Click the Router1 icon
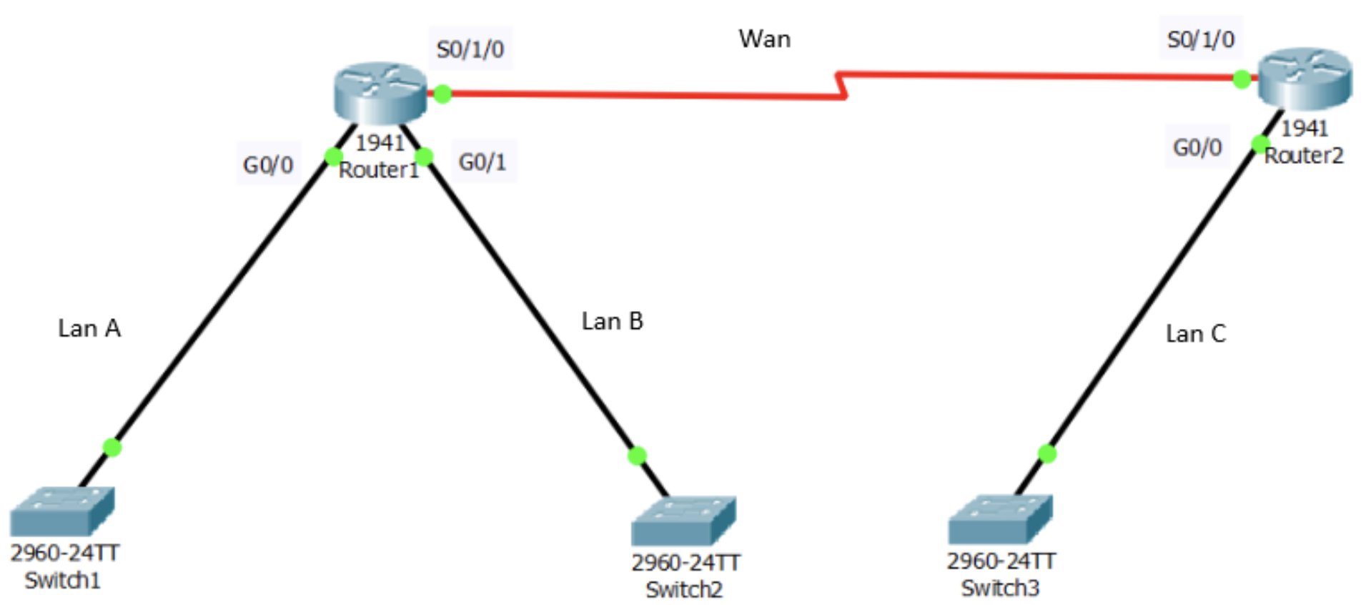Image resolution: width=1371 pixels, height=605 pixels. (x=380, y=92)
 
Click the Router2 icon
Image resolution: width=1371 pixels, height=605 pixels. (x=1304, y=77)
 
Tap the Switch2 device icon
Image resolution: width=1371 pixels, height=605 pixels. (x=683, y=520)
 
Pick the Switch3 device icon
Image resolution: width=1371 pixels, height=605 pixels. (x=1000, y=518)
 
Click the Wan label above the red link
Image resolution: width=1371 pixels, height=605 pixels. (x=764, y=39)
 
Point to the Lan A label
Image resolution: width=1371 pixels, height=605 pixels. (x=89, y=328)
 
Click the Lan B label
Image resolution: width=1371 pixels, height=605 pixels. (x=612, y=321)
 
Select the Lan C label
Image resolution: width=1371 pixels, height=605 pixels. (x=1195, y=333)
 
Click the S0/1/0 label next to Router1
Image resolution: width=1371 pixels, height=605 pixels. (x=470, y=49)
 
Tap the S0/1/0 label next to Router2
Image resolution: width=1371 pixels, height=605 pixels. (x=1200, y=39)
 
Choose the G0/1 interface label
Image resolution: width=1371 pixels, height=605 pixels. (x=482, y=162)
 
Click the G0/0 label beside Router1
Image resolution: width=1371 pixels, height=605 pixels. (x=268, y=164)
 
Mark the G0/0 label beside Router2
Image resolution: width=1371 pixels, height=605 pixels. (x=1197, y=147)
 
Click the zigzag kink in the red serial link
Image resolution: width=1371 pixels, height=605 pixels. (x=841, y=84)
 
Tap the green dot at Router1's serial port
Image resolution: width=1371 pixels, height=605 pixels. (x=442, y=94)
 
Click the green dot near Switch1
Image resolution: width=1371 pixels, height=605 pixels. (x=112, y=447)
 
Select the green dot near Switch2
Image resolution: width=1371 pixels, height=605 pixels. (x=637, y=456)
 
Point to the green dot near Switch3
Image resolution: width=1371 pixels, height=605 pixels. (x=1047, y=453)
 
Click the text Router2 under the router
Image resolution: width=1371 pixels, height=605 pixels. (x=1304, y=155)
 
